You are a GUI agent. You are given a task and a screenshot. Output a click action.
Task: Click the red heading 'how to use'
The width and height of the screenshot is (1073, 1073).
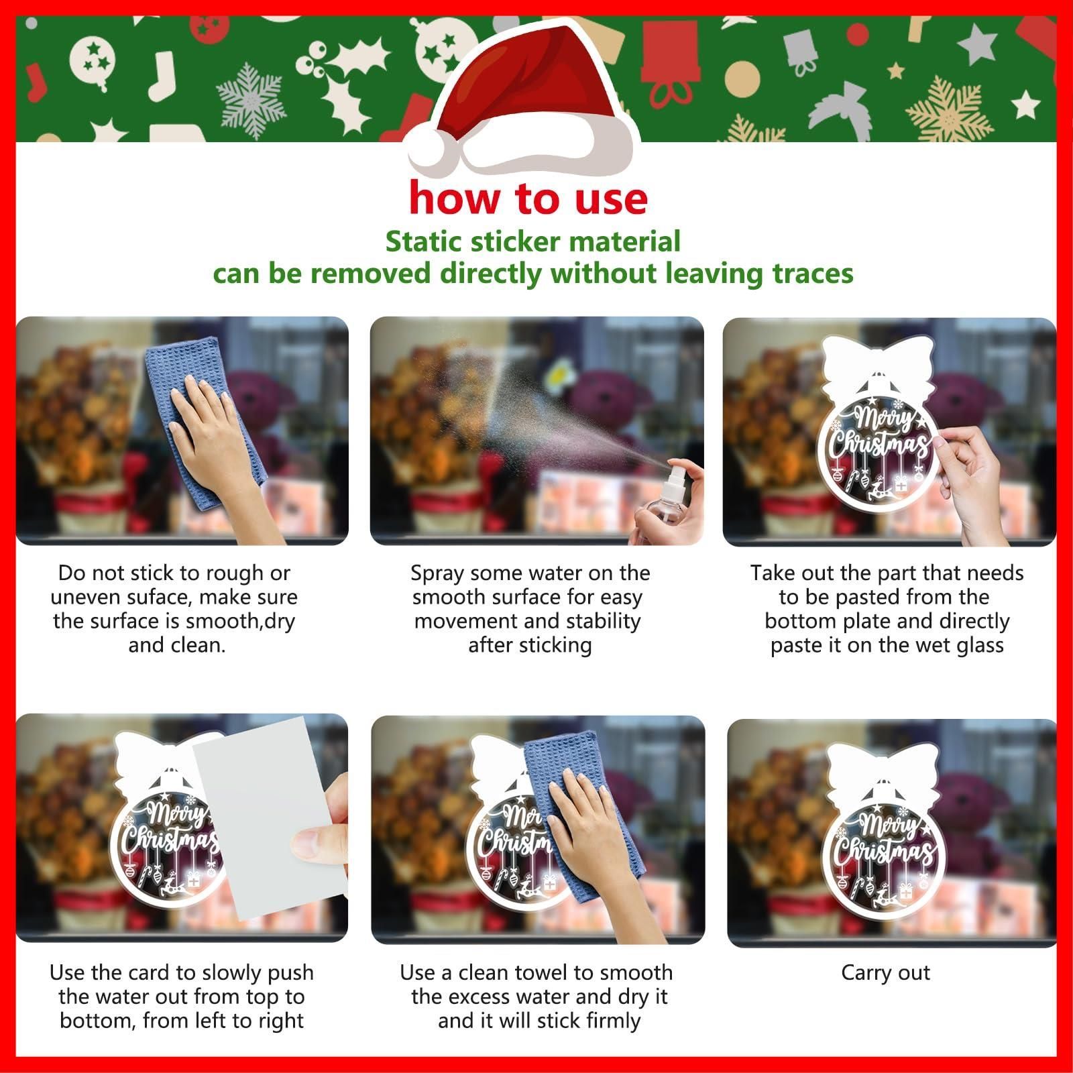(x=528, y=199)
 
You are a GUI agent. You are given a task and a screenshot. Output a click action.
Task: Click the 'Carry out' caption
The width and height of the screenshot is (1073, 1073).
(x=886, y=973)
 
